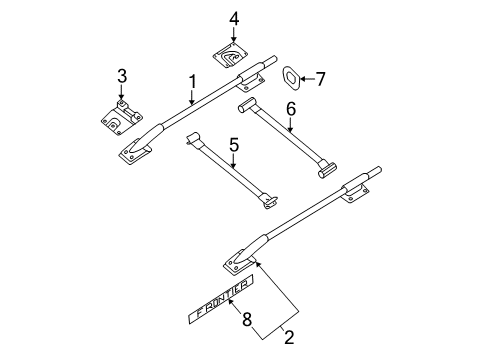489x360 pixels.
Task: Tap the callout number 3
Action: [x=122, y=76]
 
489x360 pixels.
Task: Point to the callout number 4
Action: [x=233, y=19]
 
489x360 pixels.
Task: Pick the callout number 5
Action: [x=233, y=146]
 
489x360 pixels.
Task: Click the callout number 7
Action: [x=320, y=78]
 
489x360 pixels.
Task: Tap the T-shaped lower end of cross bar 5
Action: [x=269, y=204]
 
